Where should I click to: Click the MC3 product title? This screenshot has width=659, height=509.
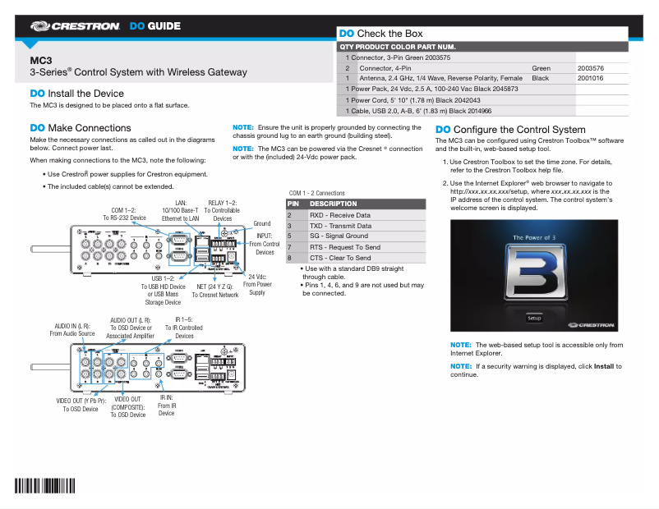click(x=41, y=61)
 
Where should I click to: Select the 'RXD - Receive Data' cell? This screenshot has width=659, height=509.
click(x=339, y=215)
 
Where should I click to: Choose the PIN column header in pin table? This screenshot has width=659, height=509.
click(x=293, y=204)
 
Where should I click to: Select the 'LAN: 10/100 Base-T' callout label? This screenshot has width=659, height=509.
click(x=180, y=210)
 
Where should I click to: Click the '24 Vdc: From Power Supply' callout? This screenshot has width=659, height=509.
click(x=257, y=285)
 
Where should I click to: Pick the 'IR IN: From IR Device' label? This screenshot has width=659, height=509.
click(x=167, y=405)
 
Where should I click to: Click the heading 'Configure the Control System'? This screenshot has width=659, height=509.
click(x=510, y=130)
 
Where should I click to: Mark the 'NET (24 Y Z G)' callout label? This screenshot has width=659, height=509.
click(x=215, y=291)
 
